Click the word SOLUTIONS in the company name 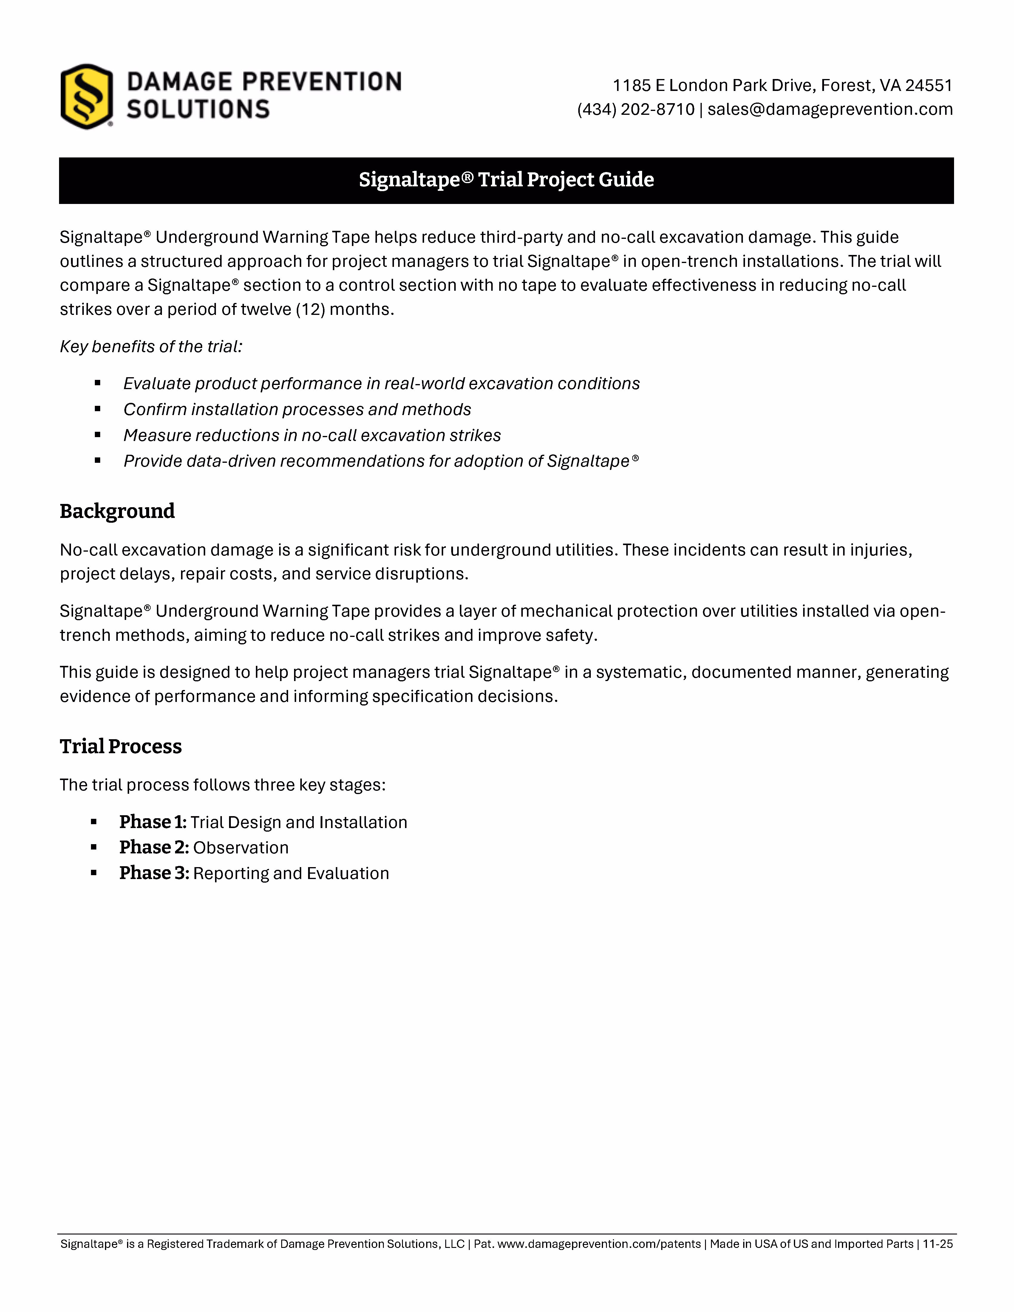coord(198,109)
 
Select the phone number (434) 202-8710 coord(636,109)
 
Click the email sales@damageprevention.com coord(830,109)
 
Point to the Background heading coord(117,511)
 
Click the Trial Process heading coord(121,747)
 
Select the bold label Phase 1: coord(153,822)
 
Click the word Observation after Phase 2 coord(241,848)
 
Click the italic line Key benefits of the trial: coord(151,346)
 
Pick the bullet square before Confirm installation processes coord(97,409)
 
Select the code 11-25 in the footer coord(938,1244)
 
